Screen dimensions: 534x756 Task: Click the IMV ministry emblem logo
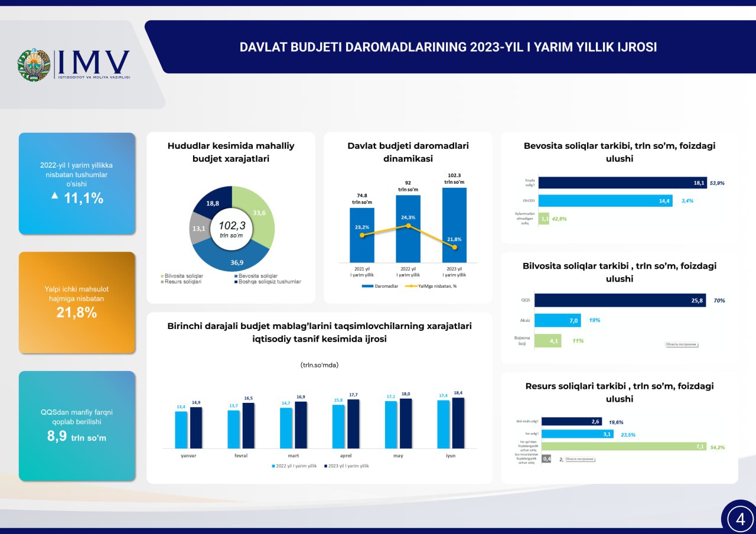click(x=34, y=65)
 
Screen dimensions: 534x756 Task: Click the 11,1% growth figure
click(x=83, y=198)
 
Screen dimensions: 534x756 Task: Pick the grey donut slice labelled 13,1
click(x=199, y=228)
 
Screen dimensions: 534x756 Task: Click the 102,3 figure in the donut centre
click(x=232, y=225)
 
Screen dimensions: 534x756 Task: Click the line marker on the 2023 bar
click(x=454, y=248)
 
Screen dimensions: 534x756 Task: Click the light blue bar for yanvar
click(x=181, y=430)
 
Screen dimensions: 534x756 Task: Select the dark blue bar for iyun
click(x=458, y=423)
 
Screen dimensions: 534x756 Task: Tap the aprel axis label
click(x=346, y=457)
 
